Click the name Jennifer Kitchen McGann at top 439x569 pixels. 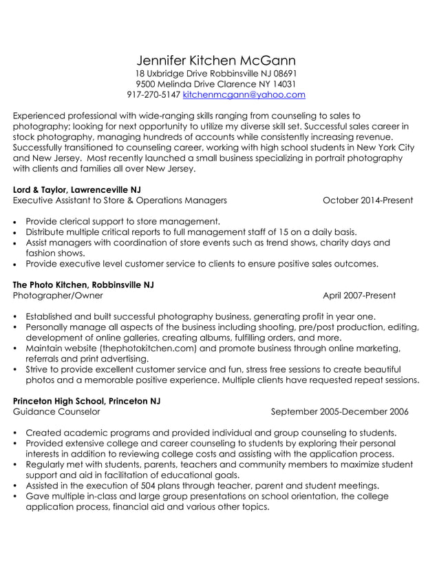(x=216, y=60)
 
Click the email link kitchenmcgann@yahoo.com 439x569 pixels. (x=244, y=94)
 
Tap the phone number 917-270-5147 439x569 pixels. (x=153, y=94)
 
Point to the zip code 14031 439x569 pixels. (x=282, y=84)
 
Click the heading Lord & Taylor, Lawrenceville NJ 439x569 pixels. (x=81, y=189)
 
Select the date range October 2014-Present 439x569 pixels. (x=367, y=200)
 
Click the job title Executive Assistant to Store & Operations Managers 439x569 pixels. (x=120, y=200)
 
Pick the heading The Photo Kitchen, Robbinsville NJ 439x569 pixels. (x=83, y=284)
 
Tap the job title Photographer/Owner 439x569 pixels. (x=58, y=296)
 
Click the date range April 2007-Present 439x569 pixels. (x=359, y=296)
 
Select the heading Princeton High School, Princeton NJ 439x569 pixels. (x=87, y=401)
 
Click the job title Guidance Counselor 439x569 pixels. (x=56, y=412)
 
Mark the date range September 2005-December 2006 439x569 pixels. (x=339, y=412)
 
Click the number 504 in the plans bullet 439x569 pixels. (x=146, y=486)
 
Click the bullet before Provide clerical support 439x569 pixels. (x=16, y=222)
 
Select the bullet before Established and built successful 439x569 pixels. (x=16, y=317)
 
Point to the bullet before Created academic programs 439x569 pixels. (x=16, y=433)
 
